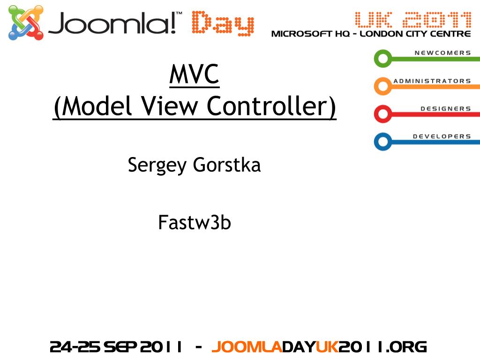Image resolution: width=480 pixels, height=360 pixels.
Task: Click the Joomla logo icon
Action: coord(26,23)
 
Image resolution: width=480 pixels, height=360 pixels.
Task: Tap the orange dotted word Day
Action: coord(223,24)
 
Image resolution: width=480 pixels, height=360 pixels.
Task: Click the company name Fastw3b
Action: coord(195,222)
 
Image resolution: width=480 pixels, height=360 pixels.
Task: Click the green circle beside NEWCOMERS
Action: coord(383,59)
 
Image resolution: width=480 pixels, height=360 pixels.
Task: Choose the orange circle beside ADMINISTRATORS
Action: coord(383,86)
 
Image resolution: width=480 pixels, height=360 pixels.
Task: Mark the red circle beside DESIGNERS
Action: coord(383,114)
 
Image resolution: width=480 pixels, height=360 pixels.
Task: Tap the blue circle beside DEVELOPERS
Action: coord(383,142)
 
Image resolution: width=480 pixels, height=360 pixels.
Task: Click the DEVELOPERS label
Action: coord(442,136)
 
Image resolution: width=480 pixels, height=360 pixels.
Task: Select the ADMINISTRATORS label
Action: coord(432,81)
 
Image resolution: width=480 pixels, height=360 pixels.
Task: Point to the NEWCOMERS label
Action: coord(442,53)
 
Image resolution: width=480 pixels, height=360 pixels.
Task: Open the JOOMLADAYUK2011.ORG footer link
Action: coord(319,347)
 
